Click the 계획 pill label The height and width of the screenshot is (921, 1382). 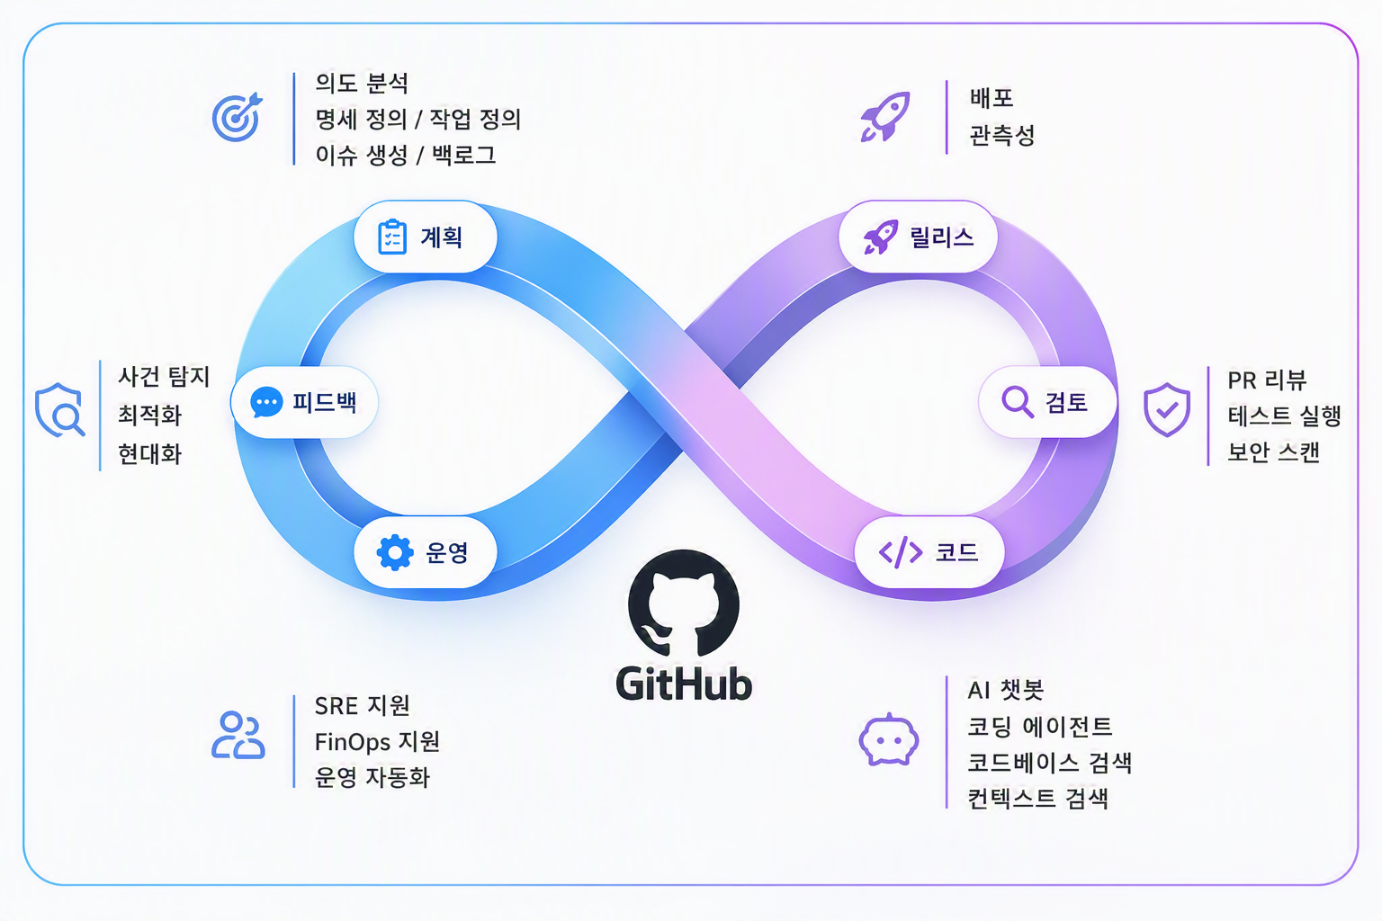click(x=425, y=237)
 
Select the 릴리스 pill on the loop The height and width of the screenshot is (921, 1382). click(x=918, y=237)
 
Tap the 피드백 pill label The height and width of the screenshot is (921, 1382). click(x=304, y=402)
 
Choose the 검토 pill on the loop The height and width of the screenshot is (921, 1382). click(x=1047, y=402)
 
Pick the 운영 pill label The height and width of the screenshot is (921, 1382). click(x=425, y=552)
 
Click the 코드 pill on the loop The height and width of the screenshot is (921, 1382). click(x=929, y=552)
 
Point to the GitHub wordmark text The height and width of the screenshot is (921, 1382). click(x=684, y=684)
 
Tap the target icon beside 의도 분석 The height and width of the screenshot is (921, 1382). click(x=237, y=117)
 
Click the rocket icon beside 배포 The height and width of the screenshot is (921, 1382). click(x=885, y=117)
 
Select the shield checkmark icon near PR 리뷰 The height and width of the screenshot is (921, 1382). click(x=1167, y=409)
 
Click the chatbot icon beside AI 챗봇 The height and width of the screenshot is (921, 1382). click(x=888, y=739)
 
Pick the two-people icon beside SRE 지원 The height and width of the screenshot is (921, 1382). click(x=238, y=735)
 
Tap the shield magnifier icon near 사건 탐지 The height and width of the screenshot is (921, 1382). click(x=60, y=409)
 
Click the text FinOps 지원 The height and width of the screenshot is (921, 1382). click(x=377, y=741)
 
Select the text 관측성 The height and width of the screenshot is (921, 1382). click(x=1002, y=135)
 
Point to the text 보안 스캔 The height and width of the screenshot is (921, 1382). click(x=1273, y=452)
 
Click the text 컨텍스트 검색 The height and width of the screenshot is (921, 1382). click(x=1037, y=799)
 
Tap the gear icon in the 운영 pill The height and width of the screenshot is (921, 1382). click(x=395, y=552)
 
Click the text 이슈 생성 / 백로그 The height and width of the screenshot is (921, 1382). click(x=406, y=155)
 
